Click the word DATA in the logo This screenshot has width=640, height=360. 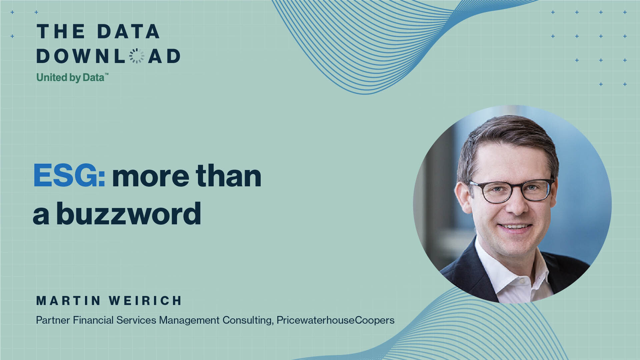point(128,31)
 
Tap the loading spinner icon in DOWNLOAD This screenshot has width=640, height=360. point(137,56)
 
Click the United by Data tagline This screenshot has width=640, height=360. point(72,78)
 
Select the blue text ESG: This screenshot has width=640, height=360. point(69,175)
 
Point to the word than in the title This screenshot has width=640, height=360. point(228,175)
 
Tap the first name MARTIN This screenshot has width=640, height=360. point(68,301)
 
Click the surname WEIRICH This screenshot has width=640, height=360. point(145,301)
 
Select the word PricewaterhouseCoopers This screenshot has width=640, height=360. point(335,320)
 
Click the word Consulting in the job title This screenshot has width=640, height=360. point(248,320)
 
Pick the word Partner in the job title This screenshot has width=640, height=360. point(53,320)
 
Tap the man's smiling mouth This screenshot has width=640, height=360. point(515,227)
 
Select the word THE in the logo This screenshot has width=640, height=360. point(61,31)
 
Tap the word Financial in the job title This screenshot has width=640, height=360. point(93,320)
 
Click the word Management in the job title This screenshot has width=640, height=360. point(189,320)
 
